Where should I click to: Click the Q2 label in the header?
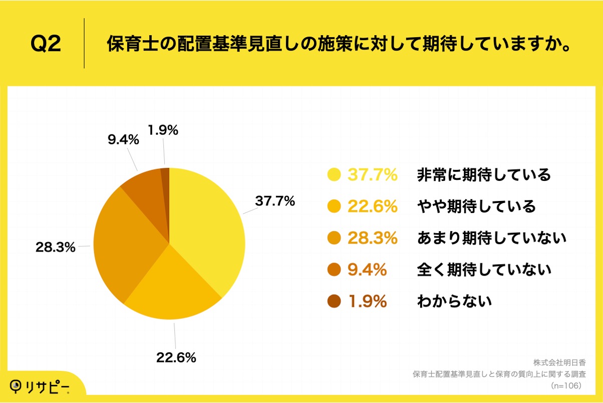coord(46,44)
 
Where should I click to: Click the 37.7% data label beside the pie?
coord(275,201)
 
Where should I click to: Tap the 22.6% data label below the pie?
coord(176,357)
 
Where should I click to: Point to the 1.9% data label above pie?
coord(163,130)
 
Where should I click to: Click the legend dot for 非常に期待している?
coord(334,175)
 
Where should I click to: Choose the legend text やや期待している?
coord(476,206)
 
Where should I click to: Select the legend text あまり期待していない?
coord(491,238)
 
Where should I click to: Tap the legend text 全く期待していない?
coord(484,270)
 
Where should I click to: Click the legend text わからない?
coord(454,301)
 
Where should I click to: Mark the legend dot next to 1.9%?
coord(334,301)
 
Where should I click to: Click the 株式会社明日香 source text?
coord(559,362)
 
